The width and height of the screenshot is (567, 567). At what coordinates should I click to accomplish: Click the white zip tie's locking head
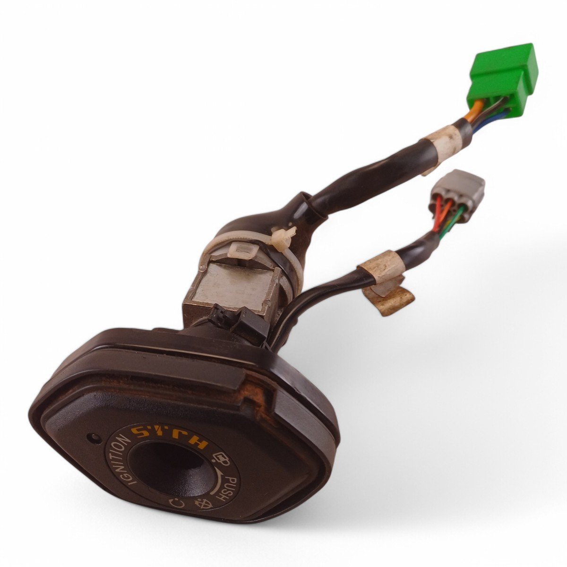[x=283, y=237]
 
